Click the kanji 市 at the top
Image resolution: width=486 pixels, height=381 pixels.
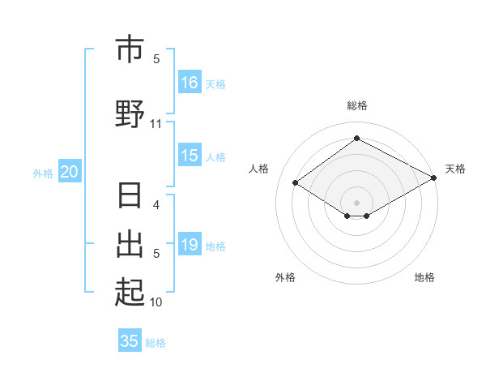point(130,50)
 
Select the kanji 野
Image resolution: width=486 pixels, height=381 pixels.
point(130,113)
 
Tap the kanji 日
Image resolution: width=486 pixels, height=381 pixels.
point(130,197)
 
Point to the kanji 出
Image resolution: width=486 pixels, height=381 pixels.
point(130,242)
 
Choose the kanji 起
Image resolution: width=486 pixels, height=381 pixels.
point(130,291)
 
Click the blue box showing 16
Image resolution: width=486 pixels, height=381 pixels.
point(190,83)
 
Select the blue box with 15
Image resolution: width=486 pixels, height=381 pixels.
point(190,156)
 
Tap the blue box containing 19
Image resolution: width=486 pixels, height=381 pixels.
point(190,245)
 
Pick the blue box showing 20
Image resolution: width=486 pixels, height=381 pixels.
point(70,172)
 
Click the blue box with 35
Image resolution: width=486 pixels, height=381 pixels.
point(130,341)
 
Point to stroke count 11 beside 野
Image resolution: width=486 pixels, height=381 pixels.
point(156,124)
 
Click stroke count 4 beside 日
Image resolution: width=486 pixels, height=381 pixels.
point(156,205)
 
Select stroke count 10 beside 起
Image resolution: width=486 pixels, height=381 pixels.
point(156,302)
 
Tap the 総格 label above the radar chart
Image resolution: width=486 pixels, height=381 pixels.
point(357,105)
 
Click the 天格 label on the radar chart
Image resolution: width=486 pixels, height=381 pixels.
point(455,169)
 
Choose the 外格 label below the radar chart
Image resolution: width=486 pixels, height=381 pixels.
point(285,277)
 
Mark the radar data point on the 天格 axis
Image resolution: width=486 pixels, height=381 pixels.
point(434,178)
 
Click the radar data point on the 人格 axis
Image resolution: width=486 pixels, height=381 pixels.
point(296,183)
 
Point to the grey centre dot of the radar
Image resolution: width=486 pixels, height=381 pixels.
point(357,202)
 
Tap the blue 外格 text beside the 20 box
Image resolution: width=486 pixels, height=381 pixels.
point(43,173)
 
